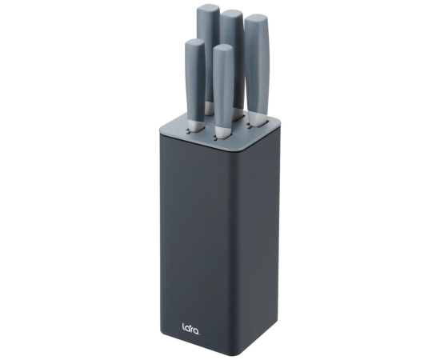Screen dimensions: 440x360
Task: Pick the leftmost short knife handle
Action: click(x=195, y=82)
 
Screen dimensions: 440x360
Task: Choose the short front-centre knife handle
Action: click(x=223, y=84)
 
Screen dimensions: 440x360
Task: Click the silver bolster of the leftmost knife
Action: click(x=195, y=126)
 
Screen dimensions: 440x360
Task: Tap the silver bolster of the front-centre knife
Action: click(x=223, y=130)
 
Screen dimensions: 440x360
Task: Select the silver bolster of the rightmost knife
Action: click(x=257, y=118)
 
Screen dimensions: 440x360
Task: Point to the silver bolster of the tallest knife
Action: click(x=209, y=108)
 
